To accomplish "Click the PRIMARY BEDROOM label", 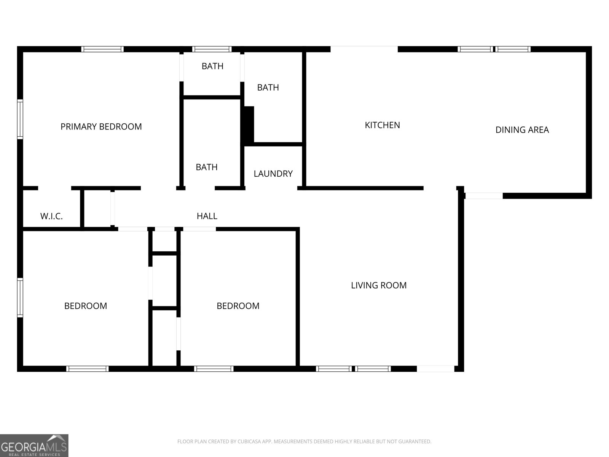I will (x=101, y=126).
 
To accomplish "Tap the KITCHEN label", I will (x=382, y=125).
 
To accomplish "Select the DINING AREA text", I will (x=522, y=130).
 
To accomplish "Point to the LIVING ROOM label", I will (x=379, y=285).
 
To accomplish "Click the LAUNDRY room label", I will (x=273, y=174).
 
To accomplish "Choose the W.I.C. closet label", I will (x=51, y=216).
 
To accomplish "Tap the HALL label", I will (x=207, y=216).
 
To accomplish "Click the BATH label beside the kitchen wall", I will (x=268, y=88).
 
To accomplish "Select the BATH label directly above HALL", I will (x=206, y=167).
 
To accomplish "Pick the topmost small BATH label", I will (x=212, y=66).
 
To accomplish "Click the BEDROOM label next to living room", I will (x=238, y=306).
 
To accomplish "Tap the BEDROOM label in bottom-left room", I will (x=86, y=306).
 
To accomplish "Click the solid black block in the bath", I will (x=249, y=126).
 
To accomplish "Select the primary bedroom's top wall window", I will (x=102, y=49).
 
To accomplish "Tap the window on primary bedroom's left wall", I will (x=20, y=119).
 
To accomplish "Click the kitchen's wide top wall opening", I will (x=364, y=49).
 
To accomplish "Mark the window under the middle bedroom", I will (x=214, y=369).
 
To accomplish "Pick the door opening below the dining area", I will (x=483, y=196).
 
